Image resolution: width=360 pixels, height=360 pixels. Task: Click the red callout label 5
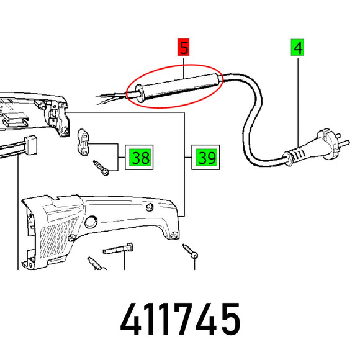pos(183,47)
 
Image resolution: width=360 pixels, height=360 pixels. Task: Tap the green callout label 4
pos(297,47)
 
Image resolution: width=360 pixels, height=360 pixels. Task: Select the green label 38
pos(140,157)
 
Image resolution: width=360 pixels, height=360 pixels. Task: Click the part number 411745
pos(180,319)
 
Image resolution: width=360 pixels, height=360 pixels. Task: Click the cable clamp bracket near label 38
pos(83,142)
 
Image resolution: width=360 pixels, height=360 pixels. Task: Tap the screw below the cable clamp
pos(101,168)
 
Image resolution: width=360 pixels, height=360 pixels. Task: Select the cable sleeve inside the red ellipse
pos(178,87)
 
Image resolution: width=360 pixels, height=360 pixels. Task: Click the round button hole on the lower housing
pos(91,222)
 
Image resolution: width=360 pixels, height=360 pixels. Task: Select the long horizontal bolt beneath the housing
pos(118,249)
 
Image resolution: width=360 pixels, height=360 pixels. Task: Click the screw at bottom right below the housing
pos(191,251)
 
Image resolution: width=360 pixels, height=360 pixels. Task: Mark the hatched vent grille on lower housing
pos(57,237)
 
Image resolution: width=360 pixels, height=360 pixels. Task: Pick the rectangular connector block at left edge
pos(30,145)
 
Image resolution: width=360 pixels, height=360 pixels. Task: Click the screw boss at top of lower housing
pos(150,207)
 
